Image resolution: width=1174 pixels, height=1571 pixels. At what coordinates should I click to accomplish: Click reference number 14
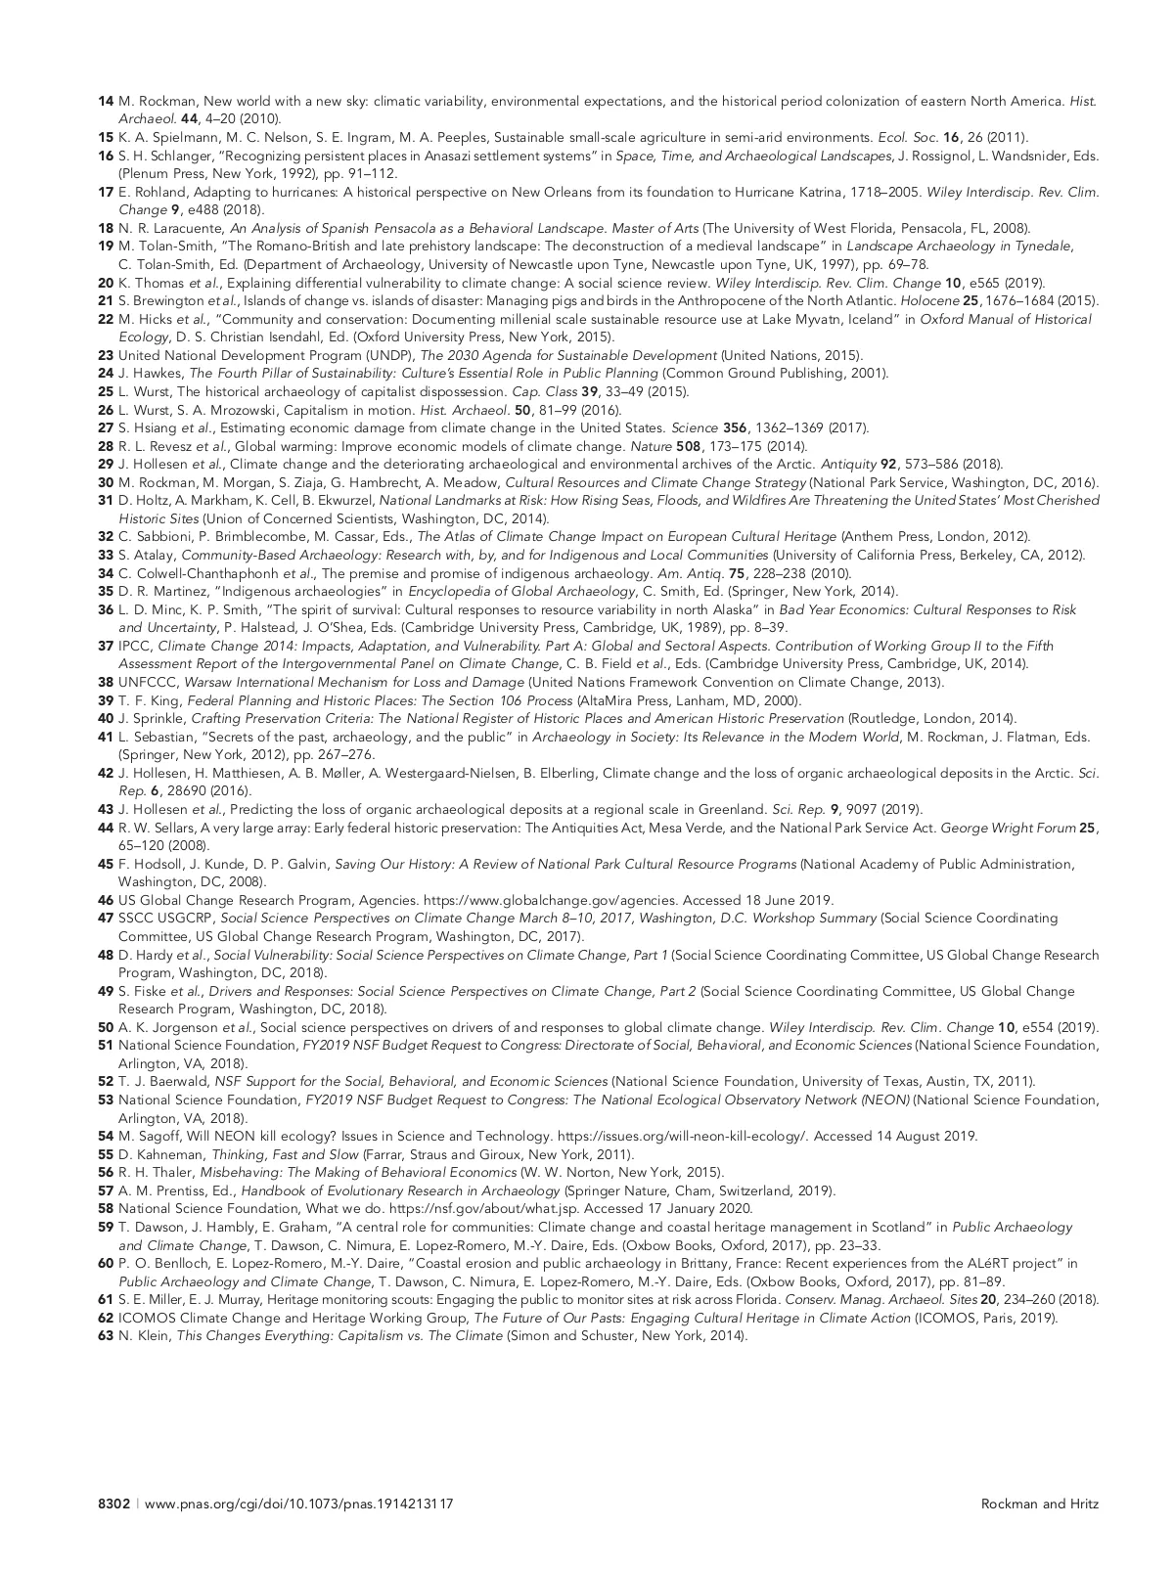pyautogui.click(x=106, y=102)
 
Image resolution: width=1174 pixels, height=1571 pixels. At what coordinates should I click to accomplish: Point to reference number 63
pyautogui.click(x=106, y=1335)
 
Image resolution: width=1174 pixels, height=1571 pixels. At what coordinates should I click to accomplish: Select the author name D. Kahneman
pyautogui.click(x=156, y=1154)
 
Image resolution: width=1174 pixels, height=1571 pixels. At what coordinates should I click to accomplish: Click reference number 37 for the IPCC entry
pyautogui.click(x=106, y=646)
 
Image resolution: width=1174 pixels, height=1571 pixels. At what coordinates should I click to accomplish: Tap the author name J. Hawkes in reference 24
pyautogui.click(x=151, y=374)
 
